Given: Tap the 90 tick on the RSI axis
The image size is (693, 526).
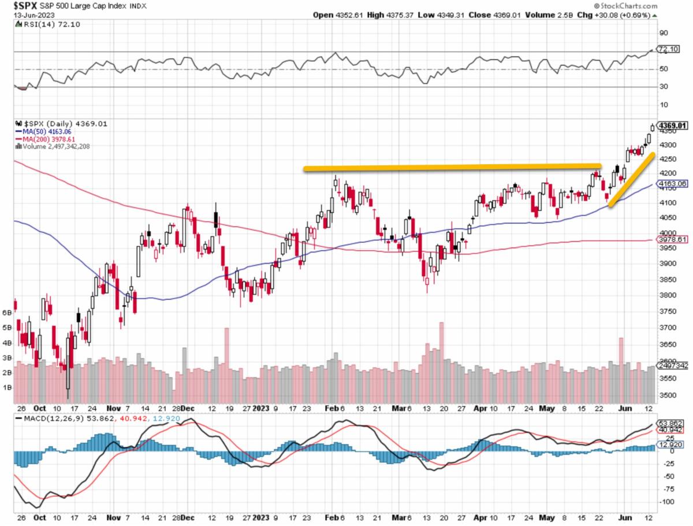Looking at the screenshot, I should pyautogui.click(x=664, y=33).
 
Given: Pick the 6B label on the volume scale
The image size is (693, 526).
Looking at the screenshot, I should pyautogui.click(x=8, y=312).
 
